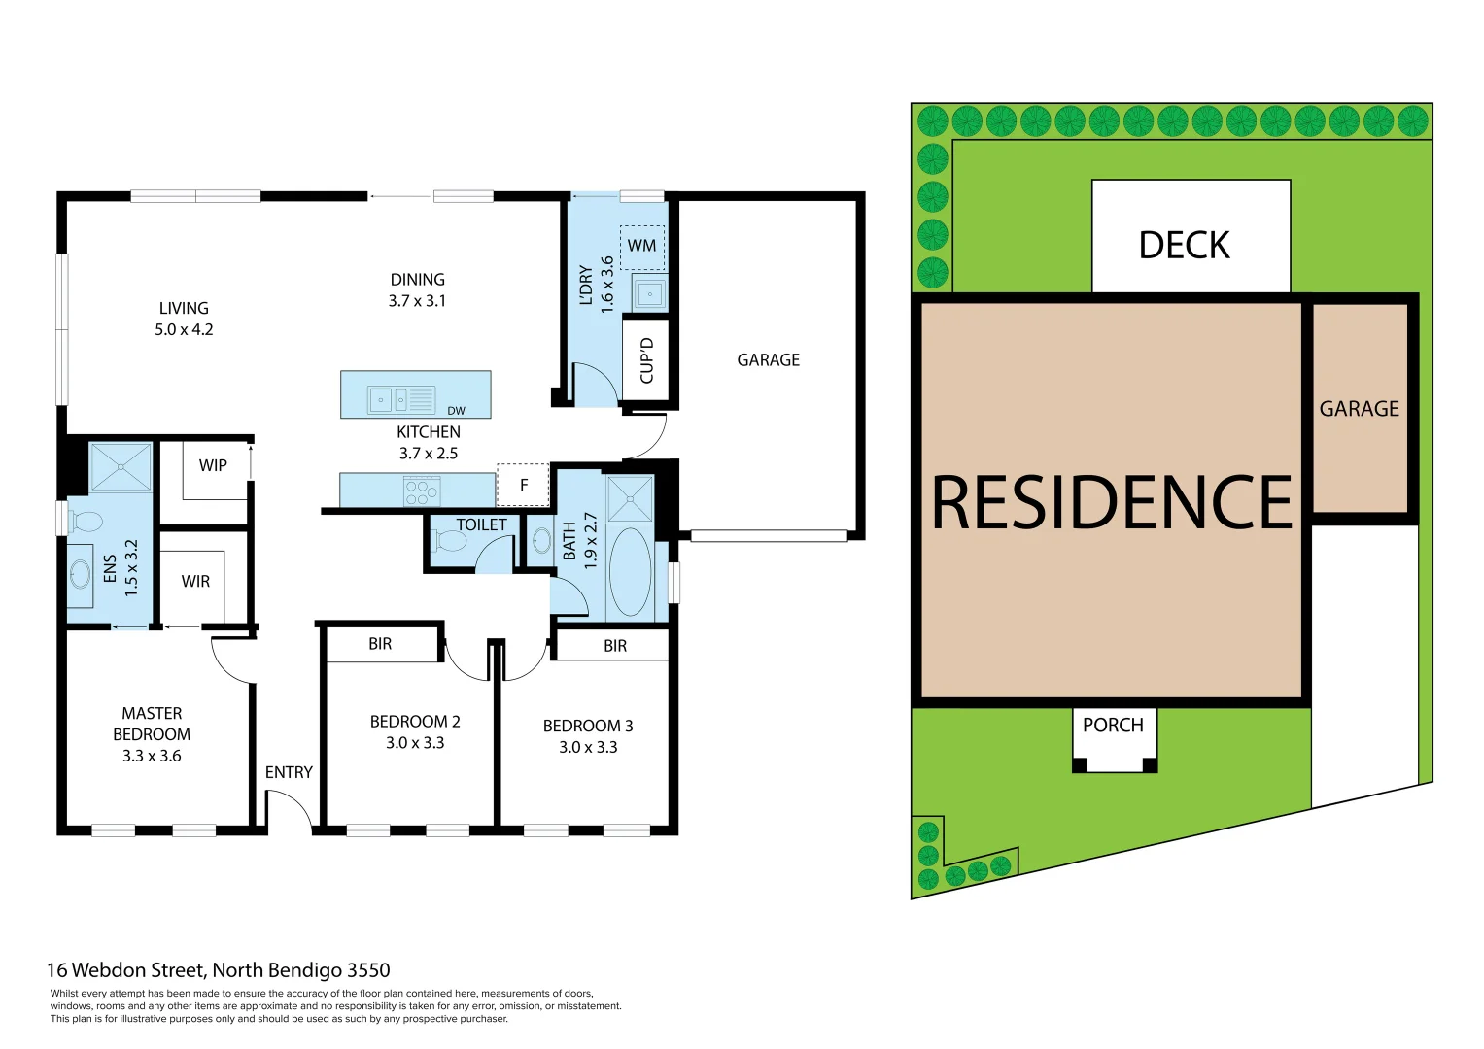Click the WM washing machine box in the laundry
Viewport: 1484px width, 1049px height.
tap(641, 246)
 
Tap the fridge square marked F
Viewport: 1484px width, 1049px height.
tap(524, 485)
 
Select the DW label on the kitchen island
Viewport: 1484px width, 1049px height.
tap(456, 411)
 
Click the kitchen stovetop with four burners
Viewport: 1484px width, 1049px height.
tap(422, 491)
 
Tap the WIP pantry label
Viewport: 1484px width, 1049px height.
tap(213, 465)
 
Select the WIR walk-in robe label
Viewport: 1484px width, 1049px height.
tap(195, 581)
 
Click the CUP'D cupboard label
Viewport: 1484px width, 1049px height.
tap(646, 360)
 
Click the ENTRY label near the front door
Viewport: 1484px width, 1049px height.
tap(289, 772)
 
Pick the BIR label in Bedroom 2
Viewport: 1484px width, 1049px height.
tap(380, 644)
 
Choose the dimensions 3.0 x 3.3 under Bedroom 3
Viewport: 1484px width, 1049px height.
tap(588, 747)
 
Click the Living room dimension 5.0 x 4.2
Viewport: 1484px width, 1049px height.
tap(184, 329)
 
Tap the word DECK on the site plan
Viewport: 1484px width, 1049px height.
tap(1184, 245)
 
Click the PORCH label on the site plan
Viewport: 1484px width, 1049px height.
tap(1113, 725)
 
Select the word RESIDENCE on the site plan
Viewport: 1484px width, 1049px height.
tap(1111, 503)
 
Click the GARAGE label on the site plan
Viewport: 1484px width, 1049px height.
tap(1359, 409)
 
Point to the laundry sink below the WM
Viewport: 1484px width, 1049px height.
tap(649, 293)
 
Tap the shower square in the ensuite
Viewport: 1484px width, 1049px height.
tap(121, 466)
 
